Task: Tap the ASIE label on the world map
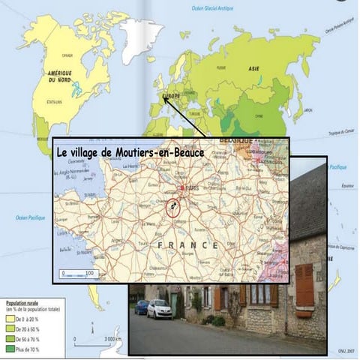(x=254, y=67)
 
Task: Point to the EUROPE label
(x=172, y=96)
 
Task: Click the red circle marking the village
(x=173, y=208)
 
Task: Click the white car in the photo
(x=159, y=308)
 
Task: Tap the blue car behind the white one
(x=142, y=307)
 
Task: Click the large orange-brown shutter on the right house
(x=304, y=284)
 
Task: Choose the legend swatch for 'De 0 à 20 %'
(x=10, y=319)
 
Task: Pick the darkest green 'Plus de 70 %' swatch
(x=10, y=348)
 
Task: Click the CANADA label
(x=67, y=55)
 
